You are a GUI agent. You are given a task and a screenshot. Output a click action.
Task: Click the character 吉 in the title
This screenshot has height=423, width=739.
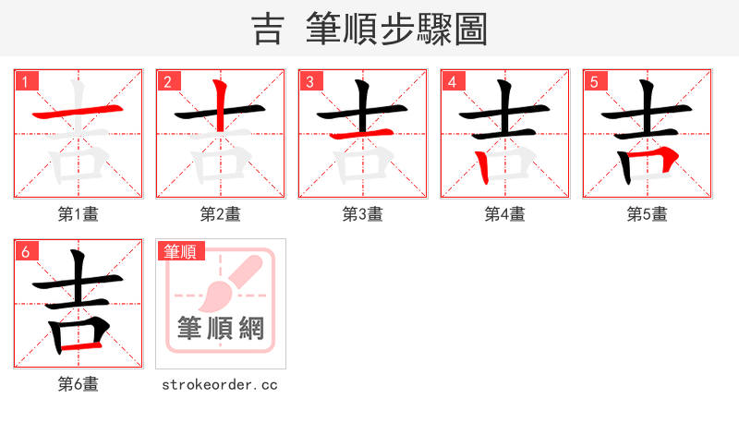click(267, 29)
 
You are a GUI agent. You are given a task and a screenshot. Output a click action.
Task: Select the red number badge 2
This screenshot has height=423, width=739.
click(168, 81)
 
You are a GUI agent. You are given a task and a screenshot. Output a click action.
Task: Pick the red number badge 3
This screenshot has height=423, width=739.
click(310, 81)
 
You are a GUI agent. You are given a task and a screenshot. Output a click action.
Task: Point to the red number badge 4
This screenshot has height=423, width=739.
click(453, 81)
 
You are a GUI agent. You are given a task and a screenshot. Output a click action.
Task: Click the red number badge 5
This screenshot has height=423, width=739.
click(595, 81)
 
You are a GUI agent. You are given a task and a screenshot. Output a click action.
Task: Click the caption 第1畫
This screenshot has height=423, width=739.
click(79, 214)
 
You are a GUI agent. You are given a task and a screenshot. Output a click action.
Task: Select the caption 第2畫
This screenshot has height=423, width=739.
click(221, 214)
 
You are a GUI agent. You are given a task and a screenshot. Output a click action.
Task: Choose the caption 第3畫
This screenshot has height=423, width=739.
click(363, 214)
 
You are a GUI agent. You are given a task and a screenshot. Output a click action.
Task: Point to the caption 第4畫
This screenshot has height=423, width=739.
click(505, 214)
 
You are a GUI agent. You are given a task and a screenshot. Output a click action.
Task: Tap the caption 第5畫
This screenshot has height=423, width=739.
click(648, 214)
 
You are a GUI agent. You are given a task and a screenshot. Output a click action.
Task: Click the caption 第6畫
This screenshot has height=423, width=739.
click(79, 384)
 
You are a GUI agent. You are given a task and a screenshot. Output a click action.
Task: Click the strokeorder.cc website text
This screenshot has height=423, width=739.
click(220, 384)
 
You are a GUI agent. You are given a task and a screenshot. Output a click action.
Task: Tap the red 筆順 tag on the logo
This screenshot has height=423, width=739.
click(181, 251)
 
